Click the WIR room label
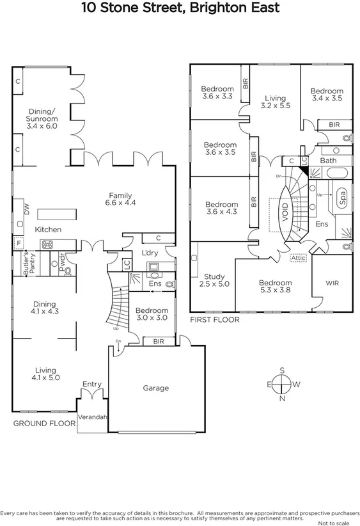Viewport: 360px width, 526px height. (x=332, y=283)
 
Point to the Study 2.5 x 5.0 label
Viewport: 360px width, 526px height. (x=215, y=280)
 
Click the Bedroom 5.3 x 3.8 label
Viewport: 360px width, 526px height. (x=275, y=287)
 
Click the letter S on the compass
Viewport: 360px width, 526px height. (x=281, y=370)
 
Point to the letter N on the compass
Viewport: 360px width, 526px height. (x=282, y=398)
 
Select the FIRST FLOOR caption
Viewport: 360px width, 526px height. (x=214, y=319)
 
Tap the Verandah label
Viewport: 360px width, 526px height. (x=93, y=417)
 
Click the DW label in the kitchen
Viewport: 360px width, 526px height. (x=26, y=208)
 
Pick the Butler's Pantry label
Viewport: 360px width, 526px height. (x=29, y=264)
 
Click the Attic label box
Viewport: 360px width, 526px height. (x=298, y=258)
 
